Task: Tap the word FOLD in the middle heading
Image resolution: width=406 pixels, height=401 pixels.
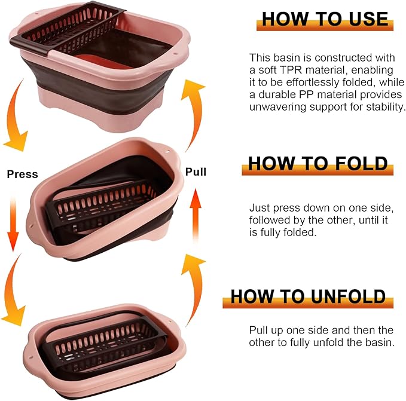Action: [361, 163]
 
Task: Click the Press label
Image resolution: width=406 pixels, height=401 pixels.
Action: [22, 175]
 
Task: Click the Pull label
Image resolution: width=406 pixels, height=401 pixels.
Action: [196, 172]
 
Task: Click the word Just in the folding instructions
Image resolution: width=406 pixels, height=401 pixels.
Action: [258, 208]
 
